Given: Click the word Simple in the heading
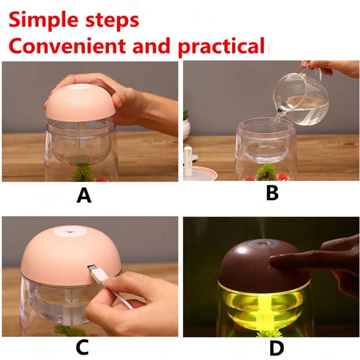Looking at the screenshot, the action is click(x=44, y=21).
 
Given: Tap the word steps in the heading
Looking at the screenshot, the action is click(x=112, y=21).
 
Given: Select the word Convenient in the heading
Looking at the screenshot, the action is click(x=67, y=46).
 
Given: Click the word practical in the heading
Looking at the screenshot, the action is click(x=221, y=47).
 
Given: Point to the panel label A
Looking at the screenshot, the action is click(x=84, y=195).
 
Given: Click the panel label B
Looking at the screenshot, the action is click(x=272, y=193).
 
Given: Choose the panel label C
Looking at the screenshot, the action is click(x=82, y=347).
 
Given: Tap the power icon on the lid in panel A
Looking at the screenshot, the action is click(x=75, y=103).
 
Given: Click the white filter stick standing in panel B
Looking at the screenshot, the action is click(x=188, y=161).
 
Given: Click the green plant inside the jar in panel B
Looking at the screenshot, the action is click(x=266, y=172).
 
